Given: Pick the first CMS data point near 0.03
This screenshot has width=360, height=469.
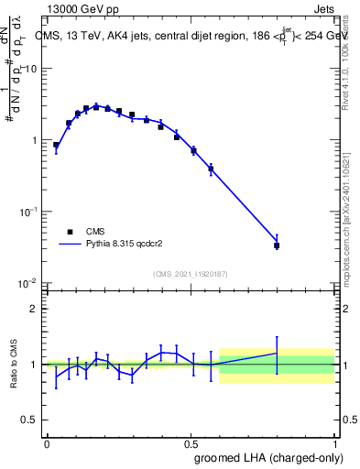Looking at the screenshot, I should (56, 145).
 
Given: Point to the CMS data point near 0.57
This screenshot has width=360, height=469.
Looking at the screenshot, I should (211, 169).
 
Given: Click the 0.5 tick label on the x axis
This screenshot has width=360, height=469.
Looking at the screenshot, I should (191, 442).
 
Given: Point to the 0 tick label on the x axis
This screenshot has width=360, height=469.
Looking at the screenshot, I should (47, 442).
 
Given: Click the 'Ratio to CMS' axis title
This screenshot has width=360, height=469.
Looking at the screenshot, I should (12, 365).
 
